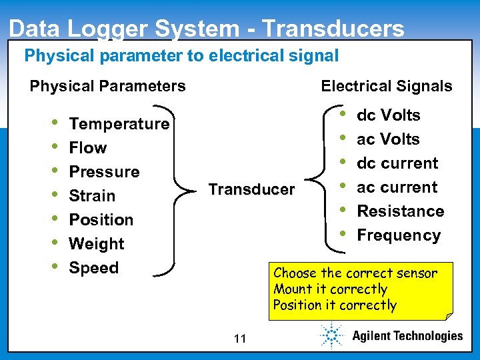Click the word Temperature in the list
[119, 124]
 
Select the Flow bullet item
[88, 148]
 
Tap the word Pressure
[104, 172]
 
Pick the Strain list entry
[92, 196]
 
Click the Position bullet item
[101, 220]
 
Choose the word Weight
[97, 244]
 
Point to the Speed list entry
[94, 268]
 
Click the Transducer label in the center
[251, 189]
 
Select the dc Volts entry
[388, 115]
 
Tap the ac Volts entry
[388, 139]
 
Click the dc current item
[397, 163]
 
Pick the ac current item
[397, 187]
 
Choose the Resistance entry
[401, 211]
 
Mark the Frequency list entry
[399, 235]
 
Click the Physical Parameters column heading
[107, 86]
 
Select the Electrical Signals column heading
[386, 86]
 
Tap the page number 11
[240, 339]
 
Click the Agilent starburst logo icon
[331, 335]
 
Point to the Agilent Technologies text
[407, 336]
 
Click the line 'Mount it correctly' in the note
[330, 289]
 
